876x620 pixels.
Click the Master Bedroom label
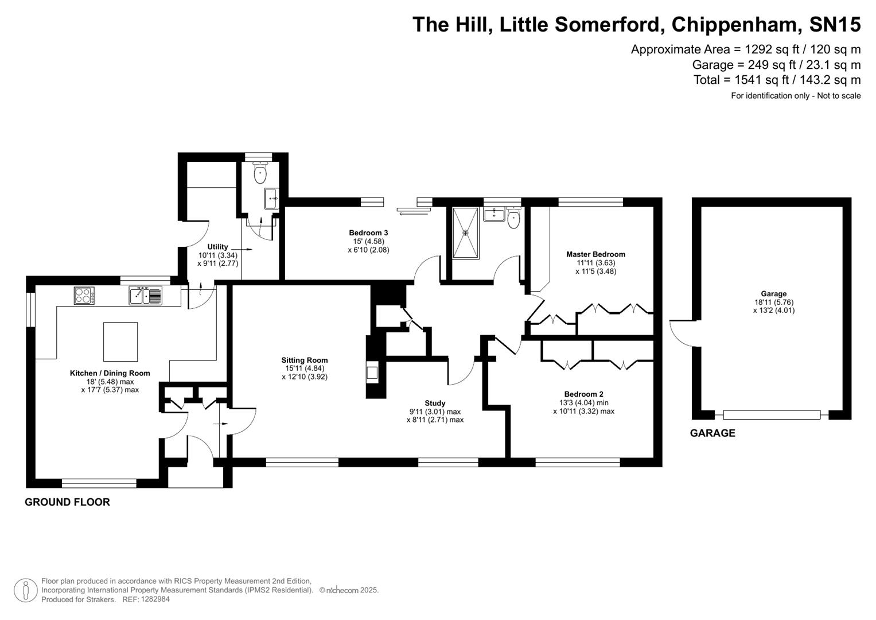pyautogui.click(x=595, y=254)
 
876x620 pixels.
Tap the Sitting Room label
pyautogui.click(x=304, y=361)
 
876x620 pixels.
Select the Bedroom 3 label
pyautogui.click(x=368, y=232)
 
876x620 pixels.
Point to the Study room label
pyautogui.click(x=435, y=403)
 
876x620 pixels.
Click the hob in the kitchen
pyautogui.click(x=84, y=296)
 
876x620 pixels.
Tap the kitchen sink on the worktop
pyautogui.click(x=145, y=295)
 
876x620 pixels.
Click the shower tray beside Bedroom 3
pyautogui.click(x=465, y=233)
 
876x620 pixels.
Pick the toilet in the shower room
pyautogui.click(x=513, y=218)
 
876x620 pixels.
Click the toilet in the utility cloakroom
pyautogui.click(x=261, y=173)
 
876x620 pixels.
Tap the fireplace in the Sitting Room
pyautogui.click(x=372, y=373)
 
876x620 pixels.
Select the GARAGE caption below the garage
pyautogui.click(x=712, y=433)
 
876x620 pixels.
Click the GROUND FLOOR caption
pyautogui.click(x=67, y=502)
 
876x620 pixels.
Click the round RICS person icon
pyautogui.click(x=25, y=590)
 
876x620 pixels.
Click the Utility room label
pyautogui.click(x=217, y=247)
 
